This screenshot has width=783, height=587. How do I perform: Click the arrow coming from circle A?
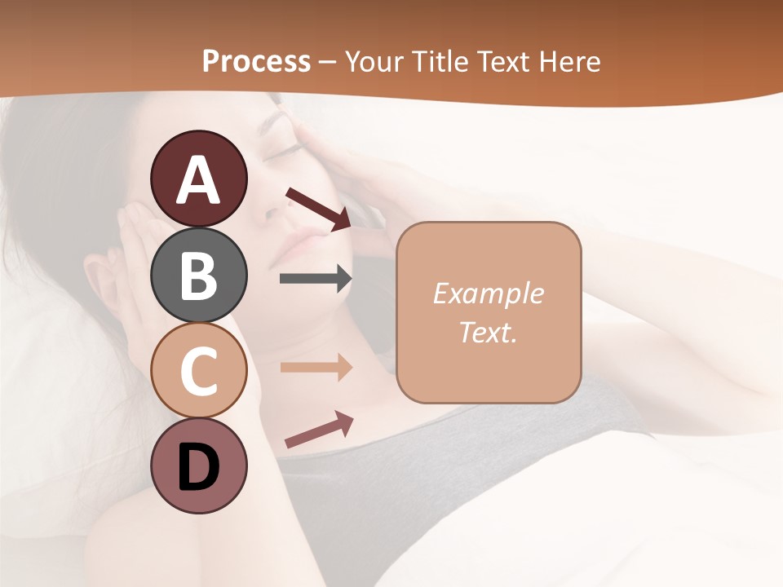coord(318,209)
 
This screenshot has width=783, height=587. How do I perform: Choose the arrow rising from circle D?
coord(319,430)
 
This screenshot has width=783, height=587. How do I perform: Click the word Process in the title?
coord(256,62)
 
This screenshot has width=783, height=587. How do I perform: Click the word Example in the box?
coord(488,293)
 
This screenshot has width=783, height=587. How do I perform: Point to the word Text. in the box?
coord(488,332)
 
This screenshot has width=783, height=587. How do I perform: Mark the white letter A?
coord(198,181)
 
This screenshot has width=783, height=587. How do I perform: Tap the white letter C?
coord(198,371)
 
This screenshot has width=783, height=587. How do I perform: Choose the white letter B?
coord(198,276)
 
